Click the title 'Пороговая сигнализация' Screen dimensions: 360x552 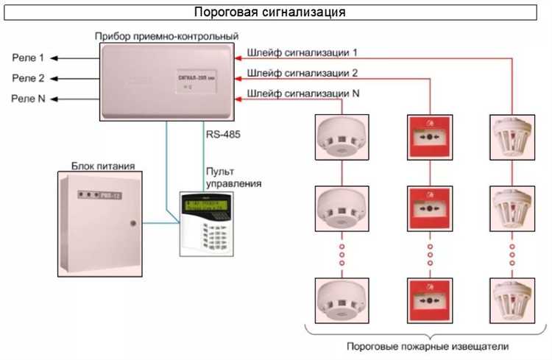pos(269,13)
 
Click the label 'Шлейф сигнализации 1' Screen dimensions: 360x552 pos(303,53)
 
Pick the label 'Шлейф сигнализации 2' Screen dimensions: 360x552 pos(303,73)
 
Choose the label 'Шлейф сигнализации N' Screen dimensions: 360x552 pos(304,93)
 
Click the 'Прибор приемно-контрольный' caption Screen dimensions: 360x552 pos(166,35)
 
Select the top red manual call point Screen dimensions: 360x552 pos(428,138)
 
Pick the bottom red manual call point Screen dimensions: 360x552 pos(428,300)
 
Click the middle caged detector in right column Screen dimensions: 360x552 pos(511,209)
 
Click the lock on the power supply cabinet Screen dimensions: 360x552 pos(132,222)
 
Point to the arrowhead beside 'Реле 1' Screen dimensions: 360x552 pos(55,57)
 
